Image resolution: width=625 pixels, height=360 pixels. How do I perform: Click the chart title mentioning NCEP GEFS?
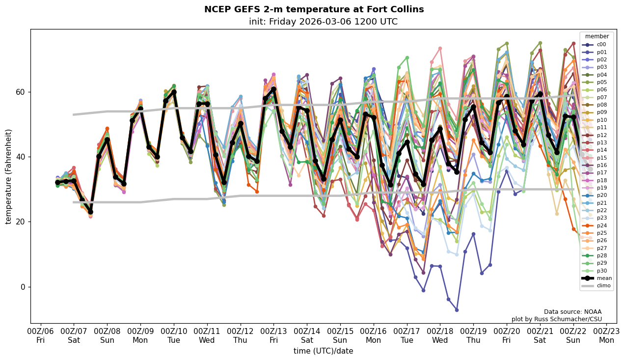point(314,9)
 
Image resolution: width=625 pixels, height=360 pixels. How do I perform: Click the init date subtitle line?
point(323,22)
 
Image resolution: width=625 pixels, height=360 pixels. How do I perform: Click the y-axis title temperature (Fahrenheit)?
point(8,176)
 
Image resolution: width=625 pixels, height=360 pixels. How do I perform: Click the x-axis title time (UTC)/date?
point(323,351)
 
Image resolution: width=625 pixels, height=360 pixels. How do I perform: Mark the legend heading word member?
point(597,36)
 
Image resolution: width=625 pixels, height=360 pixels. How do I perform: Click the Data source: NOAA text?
point(572,312)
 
